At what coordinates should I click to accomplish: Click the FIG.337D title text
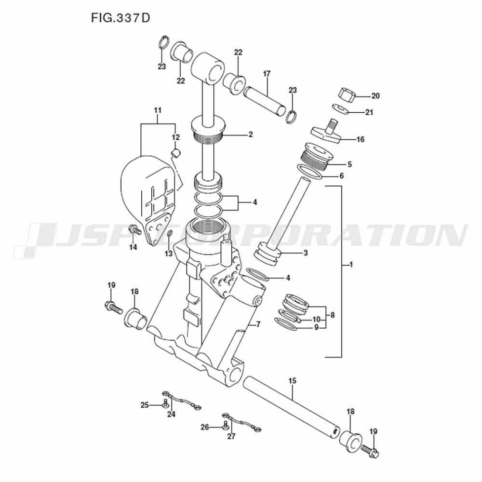point(120,18)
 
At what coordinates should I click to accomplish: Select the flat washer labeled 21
point(340,109)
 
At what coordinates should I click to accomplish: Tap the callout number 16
point(360,140)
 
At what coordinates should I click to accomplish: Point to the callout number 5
point(349,164)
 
